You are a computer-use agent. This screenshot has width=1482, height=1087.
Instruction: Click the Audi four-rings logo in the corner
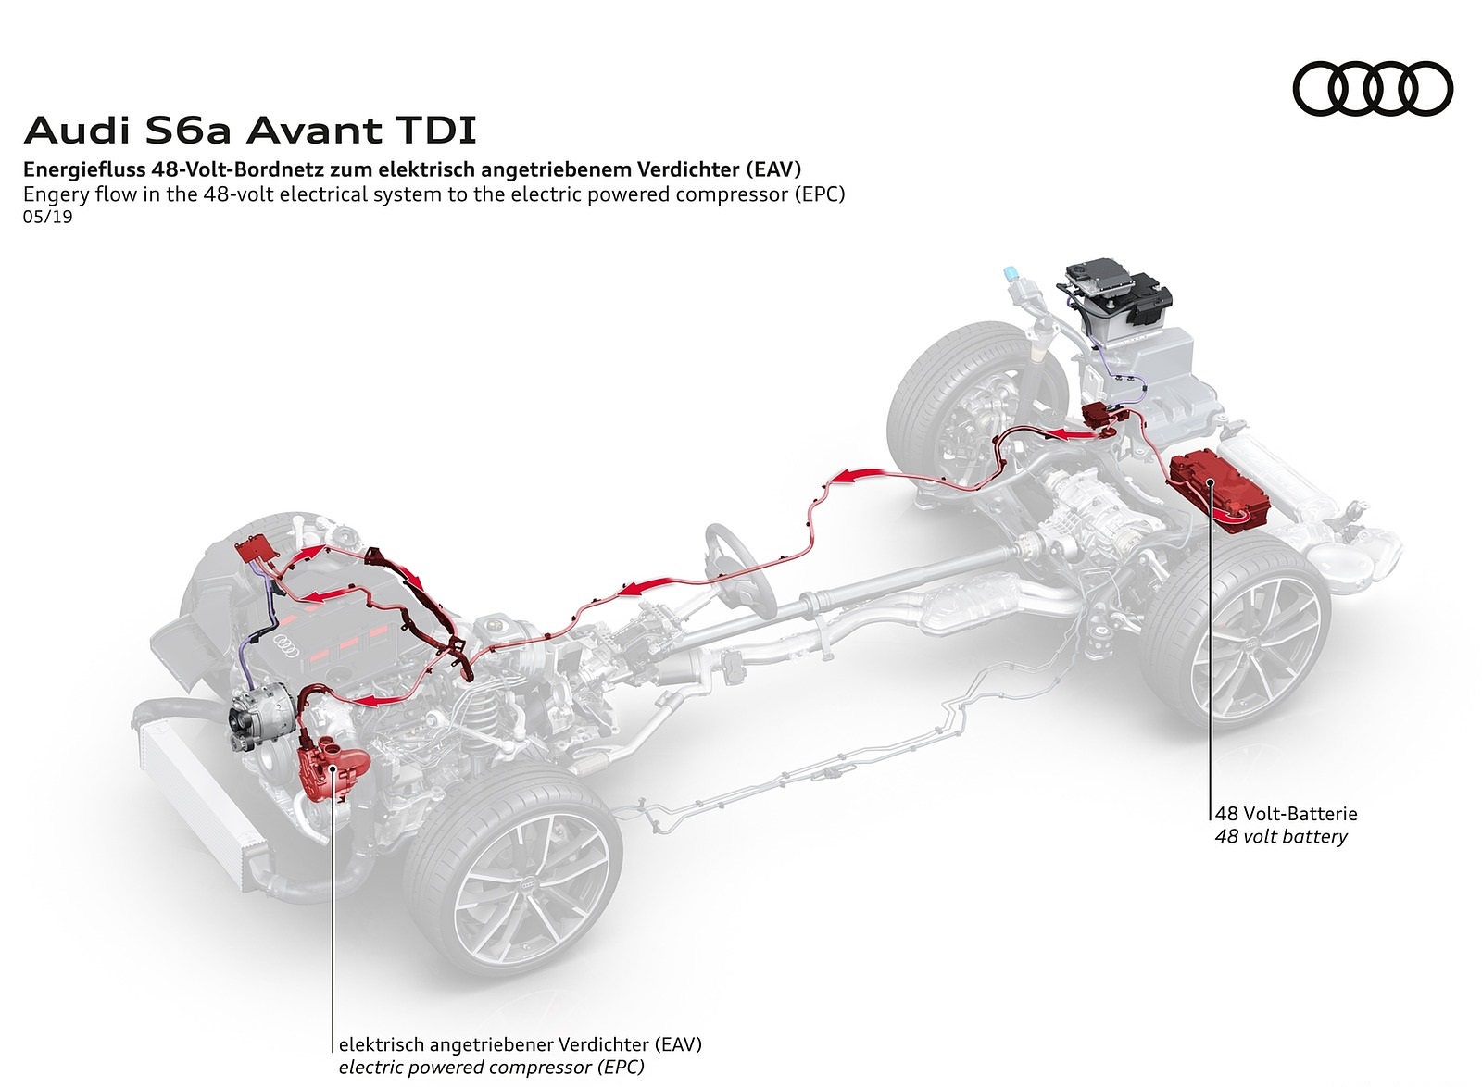point(1372,90)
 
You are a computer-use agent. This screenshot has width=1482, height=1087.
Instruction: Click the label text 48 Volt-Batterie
point(1286,814)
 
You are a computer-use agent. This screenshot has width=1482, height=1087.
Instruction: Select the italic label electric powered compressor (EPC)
point(491,1068)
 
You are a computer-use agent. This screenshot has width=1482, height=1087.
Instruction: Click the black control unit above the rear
point(1118,287)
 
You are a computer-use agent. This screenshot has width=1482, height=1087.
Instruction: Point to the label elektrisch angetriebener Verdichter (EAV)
point(520,1044)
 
